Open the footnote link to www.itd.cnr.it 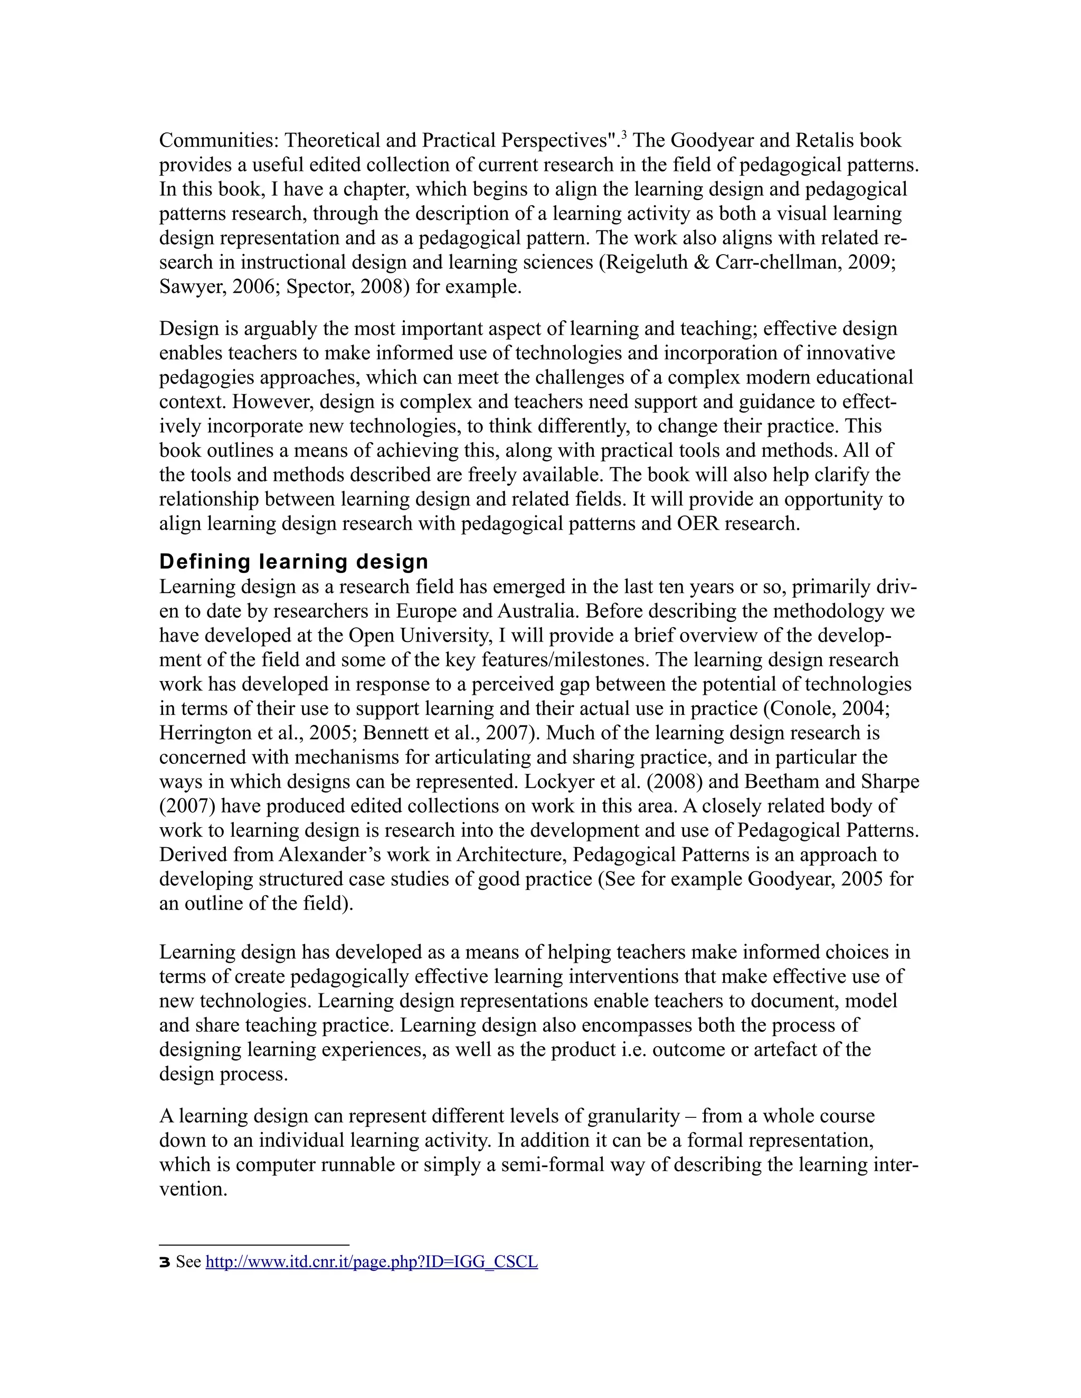tap(372, 1262)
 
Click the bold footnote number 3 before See tap(165, 1262)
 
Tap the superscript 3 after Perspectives tap(624, 135)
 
